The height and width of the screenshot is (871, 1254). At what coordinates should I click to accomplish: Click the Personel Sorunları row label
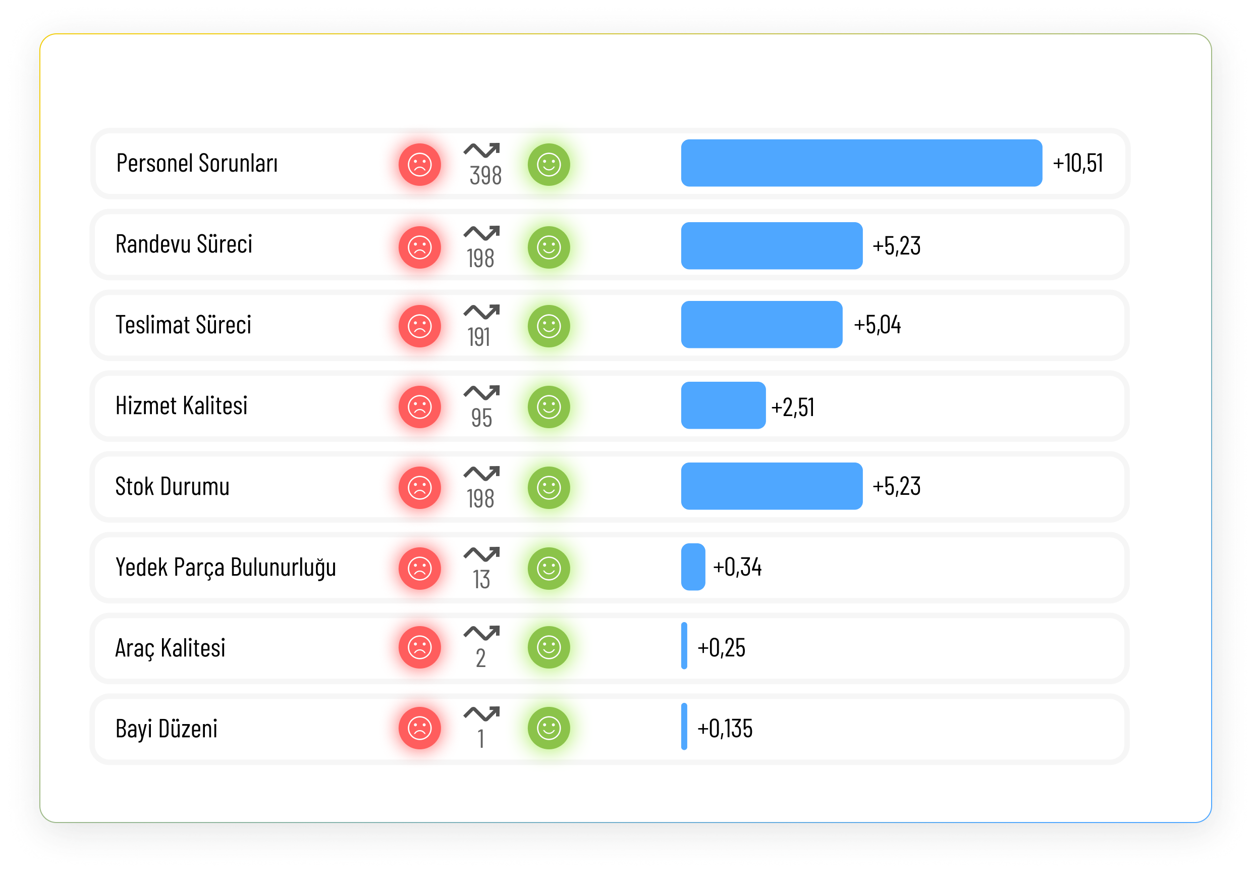(x=197, y=163)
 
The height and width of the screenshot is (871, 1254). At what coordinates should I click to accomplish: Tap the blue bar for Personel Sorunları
(x=861, y=163)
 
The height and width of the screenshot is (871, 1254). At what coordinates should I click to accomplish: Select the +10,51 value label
(x=1078, y=163)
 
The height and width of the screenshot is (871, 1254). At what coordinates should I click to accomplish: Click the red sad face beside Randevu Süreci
(x=419, y=247)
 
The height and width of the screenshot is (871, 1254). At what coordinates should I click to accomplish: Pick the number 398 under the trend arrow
(x=485, y=176)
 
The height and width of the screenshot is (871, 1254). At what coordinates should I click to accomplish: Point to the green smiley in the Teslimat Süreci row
(x=549, y=326)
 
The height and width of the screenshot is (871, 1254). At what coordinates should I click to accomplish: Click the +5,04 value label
(x=877, y=325)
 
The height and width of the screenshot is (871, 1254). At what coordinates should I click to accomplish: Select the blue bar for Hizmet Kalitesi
(x=723, y=405)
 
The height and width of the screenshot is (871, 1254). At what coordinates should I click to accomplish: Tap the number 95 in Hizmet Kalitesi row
(x=481, y=418)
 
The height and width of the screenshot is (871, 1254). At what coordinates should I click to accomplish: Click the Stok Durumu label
(x=173, y=486)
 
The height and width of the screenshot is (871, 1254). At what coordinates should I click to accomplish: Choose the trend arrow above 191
(x=481, y=311)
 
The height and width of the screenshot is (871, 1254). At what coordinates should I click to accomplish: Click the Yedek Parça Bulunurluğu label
(x=225, y=568)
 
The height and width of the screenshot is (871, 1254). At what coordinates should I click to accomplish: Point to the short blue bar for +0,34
(x=693, y=567)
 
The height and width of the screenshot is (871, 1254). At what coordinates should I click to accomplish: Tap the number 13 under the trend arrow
(x=481, y=580)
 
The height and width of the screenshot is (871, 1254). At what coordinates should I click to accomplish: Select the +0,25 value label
(x=721, y=648)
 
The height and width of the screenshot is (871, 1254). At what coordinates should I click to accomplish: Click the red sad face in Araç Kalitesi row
(x=419, y=647)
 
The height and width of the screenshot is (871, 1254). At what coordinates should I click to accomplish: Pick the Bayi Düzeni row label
(x=167, y=729)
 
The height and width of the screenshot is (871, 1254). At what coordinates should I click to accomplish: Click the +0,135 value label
(x=725, y=729)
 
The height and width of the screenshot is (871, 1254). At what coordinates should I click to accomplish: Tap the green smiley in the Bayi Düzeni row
(x=549, y=728)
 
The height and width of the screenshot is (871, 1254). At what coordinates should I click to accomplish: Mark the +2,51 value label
(x=793, y=407)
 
